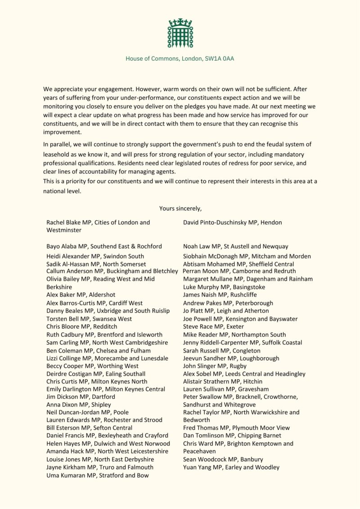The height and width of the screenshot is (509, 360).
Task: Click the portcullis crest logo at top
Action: coord(180,33)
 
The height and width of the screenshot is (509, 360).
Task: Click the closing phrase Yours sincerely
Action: coord(180,208)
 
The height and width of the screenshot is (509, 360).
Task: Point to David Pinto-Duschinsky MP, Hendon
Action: coord(233,222)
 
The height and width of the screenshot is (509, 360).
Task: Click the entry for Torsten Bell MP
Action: coord(89,319)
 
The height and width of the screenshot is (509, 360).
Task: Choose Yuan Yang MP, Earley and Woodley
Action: coord(231,467)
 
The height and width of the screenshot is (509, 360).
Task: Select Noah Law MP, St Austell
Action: coord(236,246)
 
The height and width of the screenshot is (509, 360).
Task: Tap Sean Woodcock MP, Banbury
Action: coord(223,460)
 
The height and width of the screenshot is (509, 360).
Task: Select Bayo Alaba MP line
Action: coord(104,246)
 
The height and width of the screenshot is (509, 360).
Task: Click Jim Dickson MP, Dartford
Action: coord(81,397)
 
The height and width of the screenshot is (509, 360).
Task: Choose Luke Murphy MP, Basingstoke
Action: coord(224,287)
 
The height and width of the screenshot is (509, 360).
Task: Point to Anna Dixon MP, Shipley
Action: coord(78,405)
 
